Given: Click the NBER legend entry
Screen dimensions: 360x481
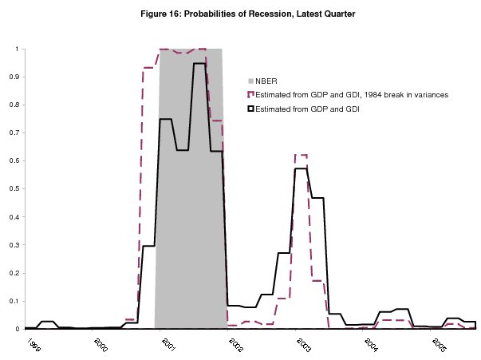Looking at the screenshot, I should pos(265,81).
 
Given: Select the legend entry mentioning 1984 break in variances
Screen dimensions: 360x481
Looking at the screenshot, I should pos(352,94).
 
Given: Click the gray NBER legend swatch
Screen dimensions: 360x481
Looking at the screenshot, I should pos(252,81).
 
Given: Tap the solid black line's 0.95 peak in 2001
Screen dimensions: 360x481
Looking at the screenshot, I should pos(199,63).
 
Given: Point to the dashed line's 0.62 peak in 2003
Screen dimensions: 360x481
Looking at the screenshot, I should pos(301,155).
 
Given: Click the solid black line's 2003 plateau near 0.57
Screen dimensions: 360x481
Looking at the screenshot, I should pos(301,168).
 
